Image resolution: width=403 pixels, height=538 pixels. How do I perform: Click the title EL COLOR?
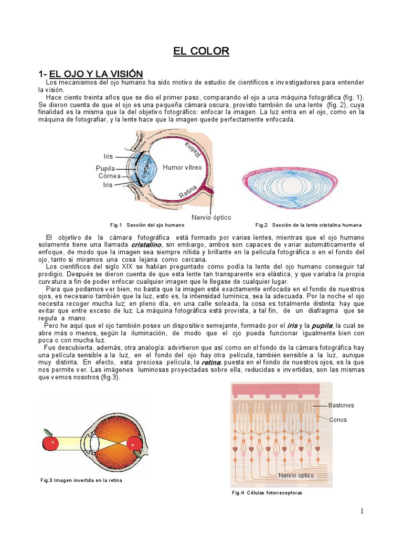click(201, 51)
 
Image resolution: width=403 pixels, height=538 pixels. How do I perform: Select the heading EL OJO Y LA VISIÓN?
click(96, 73)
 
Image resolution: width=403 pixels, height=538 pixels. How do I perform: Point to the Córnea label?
click(109, 176)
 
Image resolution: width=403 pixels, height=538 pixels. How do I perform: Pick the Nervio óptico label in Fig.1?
click(211, 217)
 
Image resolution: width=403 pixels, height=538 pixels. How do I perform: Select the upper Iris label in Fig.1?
click(108, 156)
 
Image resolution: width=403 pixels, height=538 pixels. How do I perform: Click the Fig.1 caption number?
click(115, 225)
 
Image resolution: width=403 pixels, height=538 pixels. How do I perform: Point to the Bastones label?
click(341, 405)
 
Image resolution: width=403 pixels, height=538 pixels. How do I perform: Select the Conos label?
click(338, 420)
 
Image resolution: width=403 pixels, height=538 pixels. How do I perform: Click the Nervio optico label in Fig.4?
click(296, 475)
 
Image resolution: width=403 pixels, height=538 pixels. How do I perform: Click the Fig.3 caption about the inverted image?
click(84, 480)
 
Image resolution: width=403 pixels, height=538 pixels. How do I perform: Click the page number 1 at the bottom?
click(362, 512)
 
